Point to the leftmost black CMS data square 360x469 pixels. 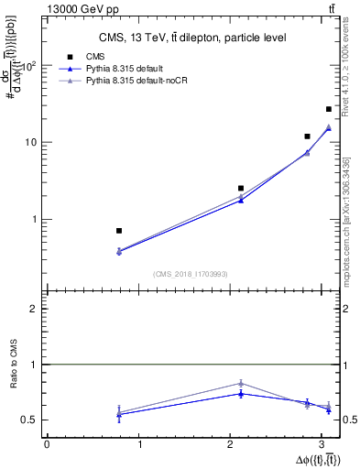(x=119, y=231)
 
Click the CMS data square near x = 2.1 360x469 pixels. (x=241, y=188)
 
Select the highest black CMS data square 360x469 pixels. (x=329, y=109)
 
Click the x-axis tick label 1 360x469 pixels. (x=140, y=444)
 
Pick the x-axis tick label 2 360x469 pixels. (x=234, y=444)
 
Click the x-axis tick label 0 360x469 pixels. (x=47, y=444)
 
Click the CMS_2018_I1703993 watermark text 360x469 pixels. (x=190, y=274)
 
